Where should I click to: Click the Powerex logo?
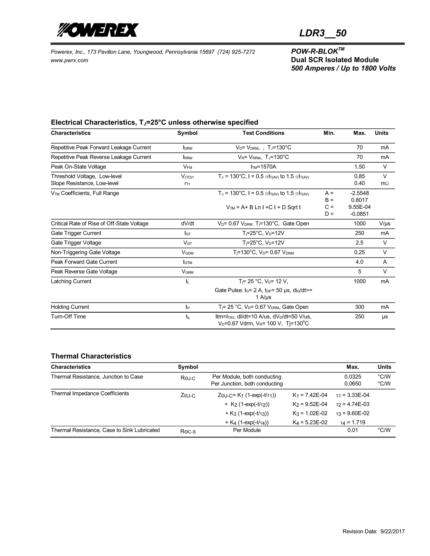click(98, 30)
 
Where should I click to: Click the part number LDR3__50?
click(322, 33)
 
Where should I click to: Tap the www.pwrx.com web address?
click(69, 60)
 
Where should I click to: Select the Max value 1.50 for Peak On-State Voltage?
click(359, 167)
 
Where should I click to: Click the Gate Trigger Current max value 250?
click(359, 233)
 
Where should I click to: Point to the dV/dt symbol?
click(187, 223)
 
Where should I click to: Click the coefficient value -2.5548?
click(359, 193)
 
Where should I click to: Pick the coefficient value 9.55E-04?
click(359, 207)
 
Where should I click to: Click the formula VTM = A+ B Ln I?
click(263, 208)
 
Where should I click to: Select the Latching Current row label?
click(71, 281)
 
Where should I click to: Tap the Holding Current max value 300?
click(359, 307)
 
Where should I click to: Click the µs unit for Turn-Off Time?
click(385, 317)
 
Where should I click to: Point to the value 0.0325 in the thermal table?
click(353, 377)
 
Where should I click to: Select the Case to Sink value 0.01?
click(353, 430)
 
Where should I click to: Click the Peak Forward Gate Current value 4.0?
click(359, 262)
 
